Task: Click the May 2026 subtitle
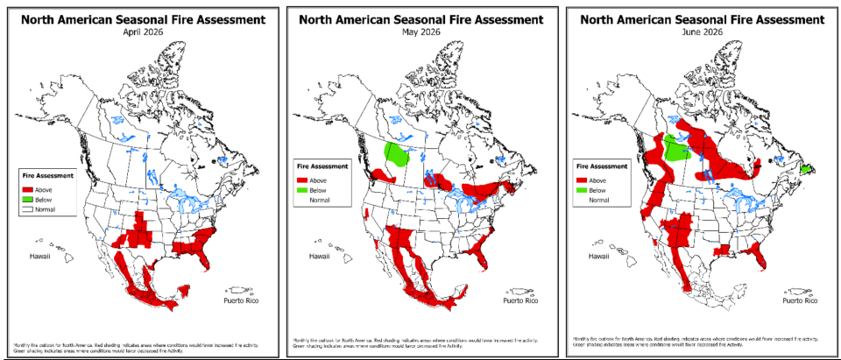tap(424, 32)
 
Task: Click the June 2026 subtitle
tap(702, 32)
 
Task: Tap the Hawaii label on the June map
tap(598, 257)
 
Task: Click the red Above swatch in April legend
tap(28, 187)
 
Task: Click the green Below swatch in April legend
tap(28, 199)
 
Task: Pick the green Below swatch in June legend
tap(582, 189)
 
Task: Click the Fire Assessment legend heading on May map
tap(322, 166)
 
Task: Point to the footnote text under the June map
tap(696, 340)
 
